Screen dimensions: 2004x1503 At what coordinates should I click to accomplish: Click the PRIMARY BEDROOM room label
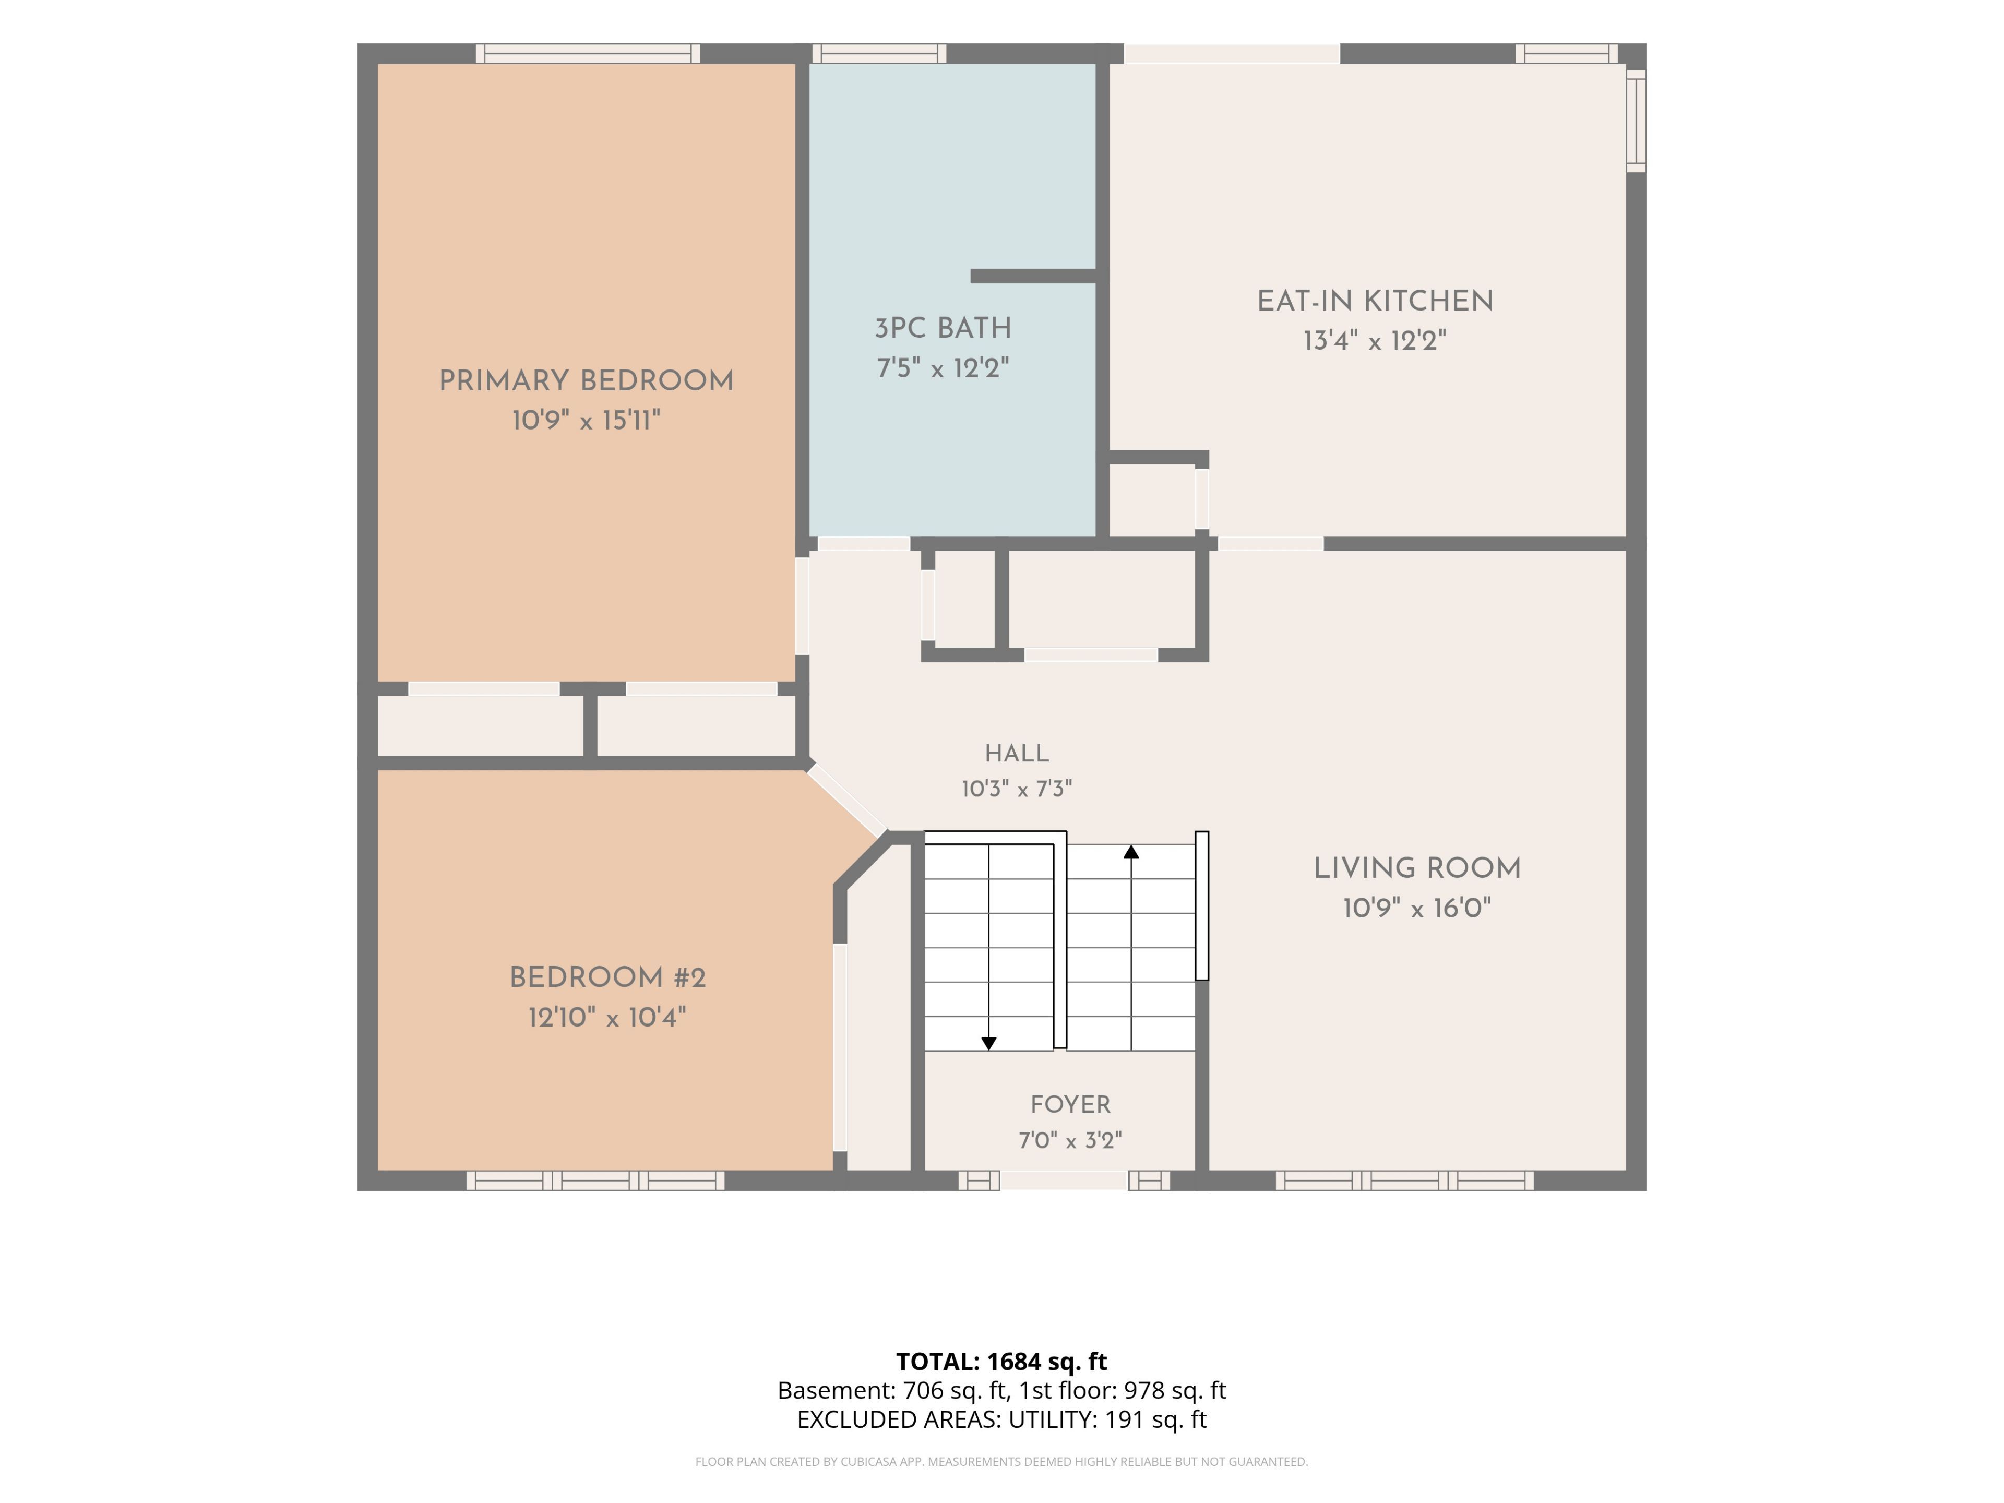[x=586, y=381]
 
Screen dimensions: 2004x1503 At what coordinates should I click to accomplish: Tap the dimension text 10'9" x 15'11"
[x=586, y=420]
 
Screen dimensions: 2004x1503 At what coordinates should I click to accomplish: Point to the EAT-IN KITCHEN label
[x=1374, y=302]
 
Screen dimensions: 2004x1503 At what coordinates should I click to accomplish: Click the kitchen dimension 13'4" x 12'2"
[x=1374, y=341]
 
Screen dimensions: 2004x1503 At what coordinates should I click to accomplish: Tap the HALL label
[x=1017, y=754]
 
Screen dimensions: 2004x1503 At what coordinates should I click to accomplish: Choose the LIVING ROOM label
[x=1417, y=869]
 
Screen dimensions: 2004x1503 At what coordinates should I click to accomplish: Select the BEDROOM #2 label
[x=607, y=979]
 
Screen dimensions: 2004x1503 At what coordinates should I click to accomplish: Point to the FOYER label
[x=1070, y=1105]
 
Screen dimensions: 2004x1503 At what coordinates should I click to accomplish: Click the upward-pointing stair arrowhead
[x=1131, y=852]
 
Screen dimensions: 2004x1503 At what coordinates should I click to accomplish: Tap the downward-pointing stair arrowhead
[x=988, y=1044]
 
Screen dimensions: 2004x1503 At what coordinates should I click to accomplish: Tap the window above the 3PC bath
[x=879, y=53]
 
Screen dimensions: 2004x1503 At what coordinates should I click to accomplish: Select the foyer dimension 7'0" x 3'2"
[x=1070, y=1141]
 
